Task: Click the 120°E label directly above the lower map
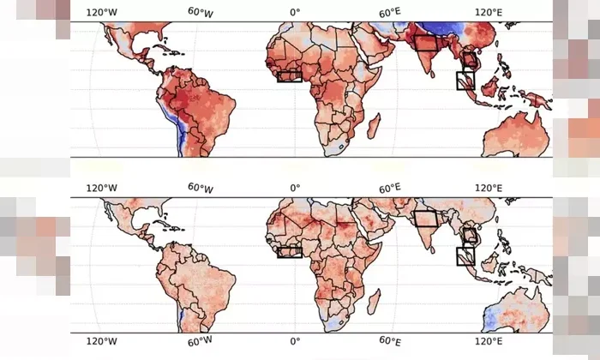tap(487, 188)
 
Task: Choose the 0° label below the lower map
tap(295, 341)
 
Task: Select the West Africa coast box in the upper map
tap(290, 75)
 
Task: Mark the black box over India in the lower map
tap(427, 218)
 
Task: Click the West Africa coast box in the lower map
tap(290, 251)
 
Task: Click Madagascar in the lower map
tap(375, 300)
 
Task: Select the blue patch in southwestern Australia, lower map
tap(495, 317)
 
